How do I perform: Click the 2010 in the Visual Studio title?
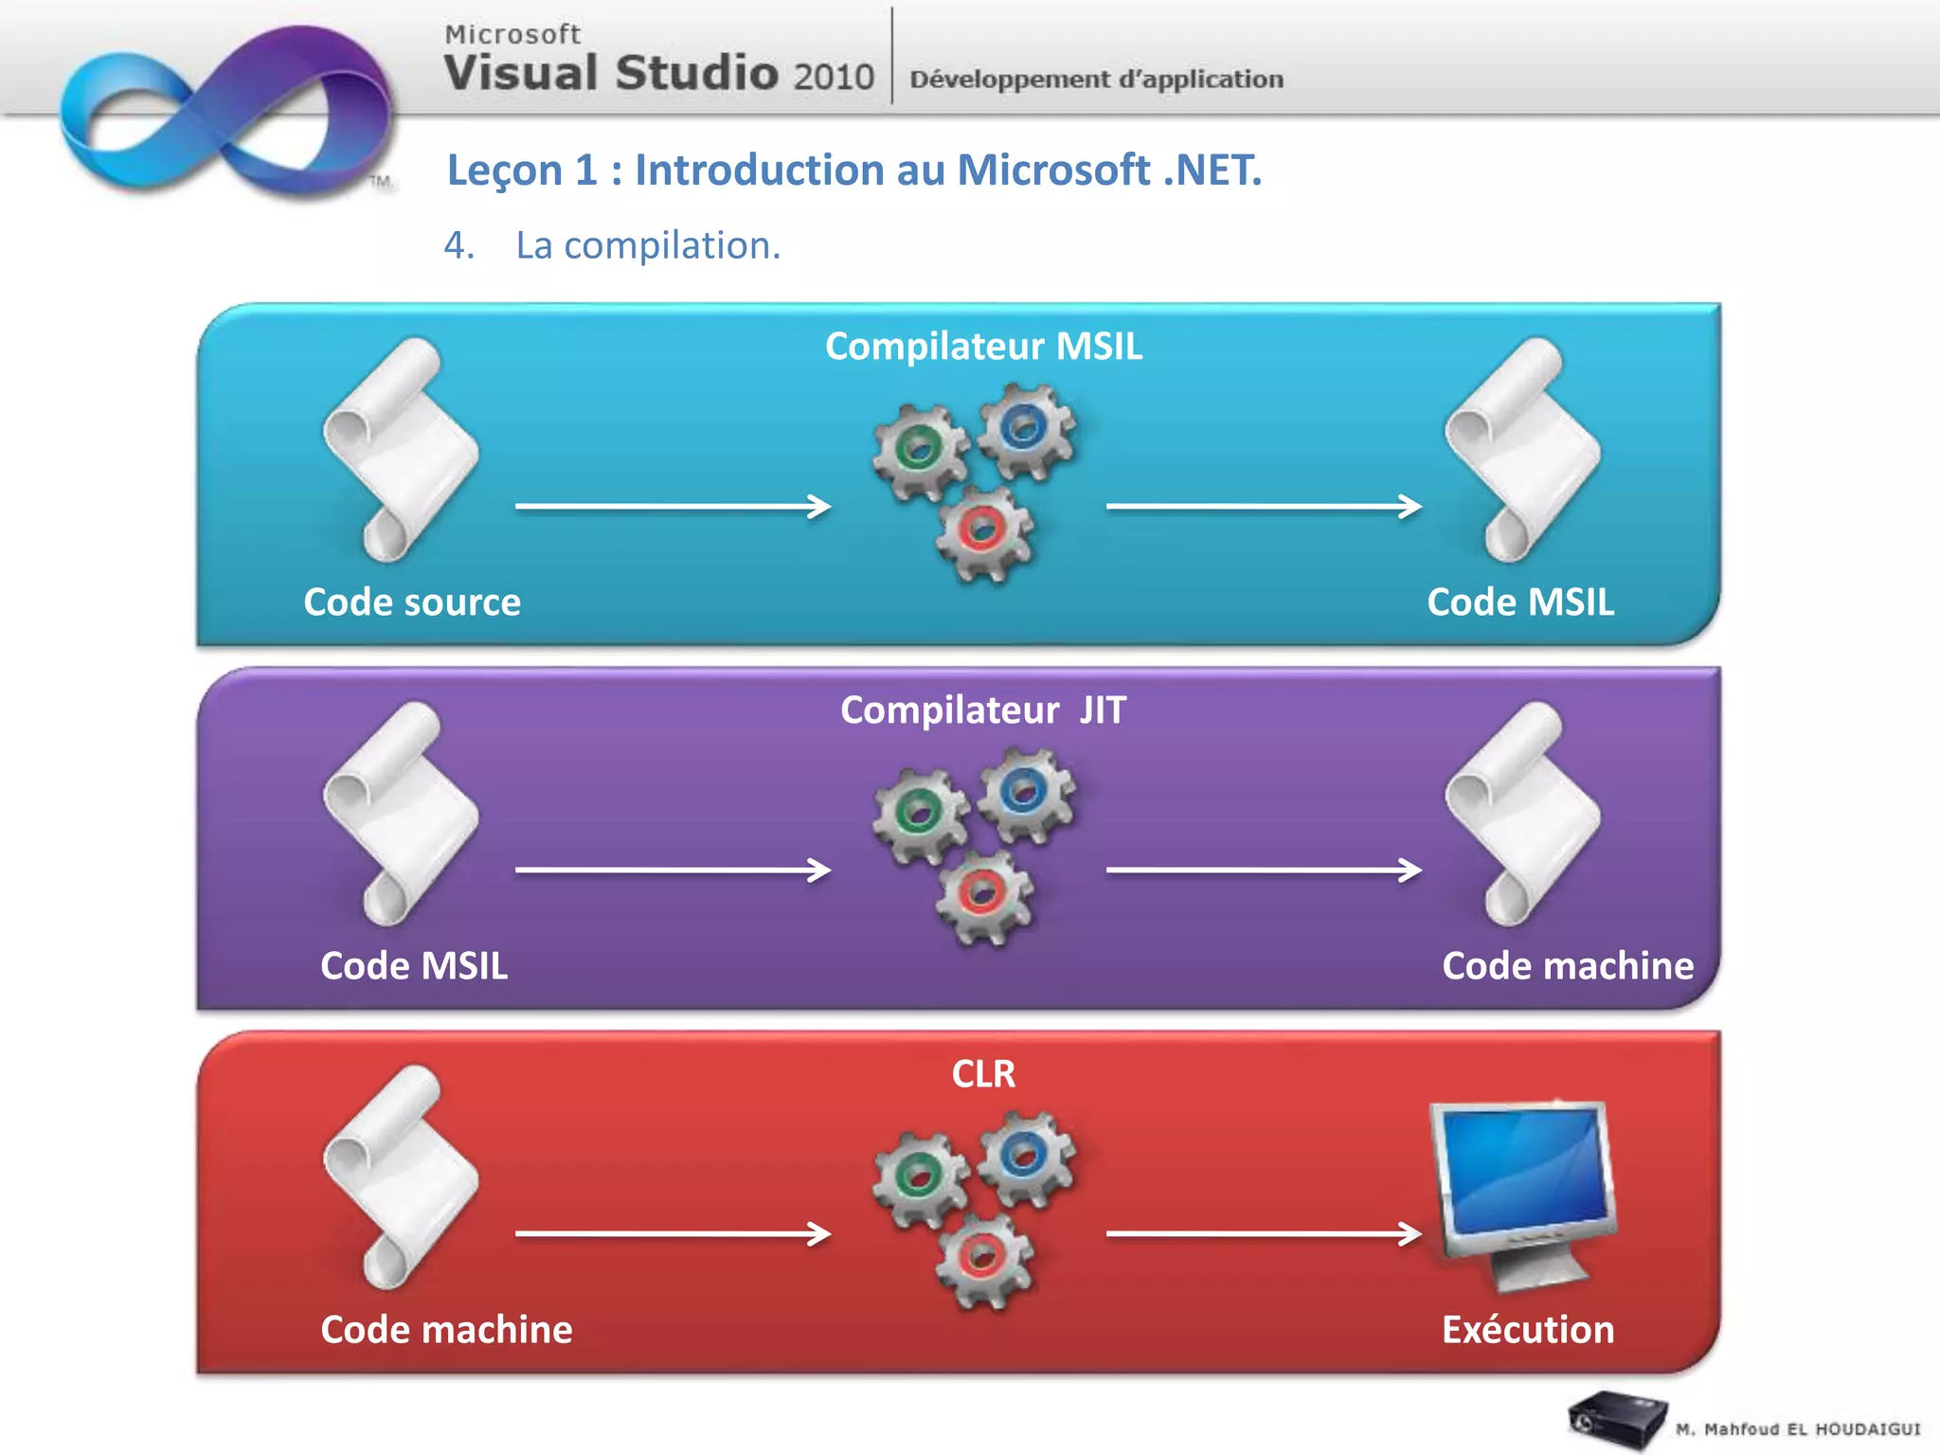tap(834, 77)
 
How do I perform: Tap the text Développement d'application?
tap(1096, 79)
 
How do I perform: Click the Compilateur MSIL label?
tap(983, 347)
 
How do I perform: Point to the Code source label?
tap(412, 602)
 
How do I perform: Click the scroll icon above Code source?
tap(401, 450)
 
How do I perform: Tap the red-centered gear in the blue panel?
tap(983, 532)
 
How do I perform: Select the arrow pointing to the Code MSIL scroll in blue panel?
tap(1264, 507)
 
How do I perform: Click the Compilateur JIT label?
tap(983, 710)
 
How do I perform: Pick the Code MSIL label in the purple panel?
tap(414, 966)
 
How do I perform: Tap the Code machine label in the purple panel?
tap(1568, 966)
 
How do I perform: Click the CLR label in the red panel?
tap(983, 1074)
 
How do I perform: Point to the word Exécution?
tap(1528, 1330)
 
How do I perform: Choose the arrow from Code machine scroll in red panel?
tap(673, 1233)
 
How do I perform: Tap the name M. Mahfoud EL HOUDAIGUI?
tap(1797, 1429)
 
